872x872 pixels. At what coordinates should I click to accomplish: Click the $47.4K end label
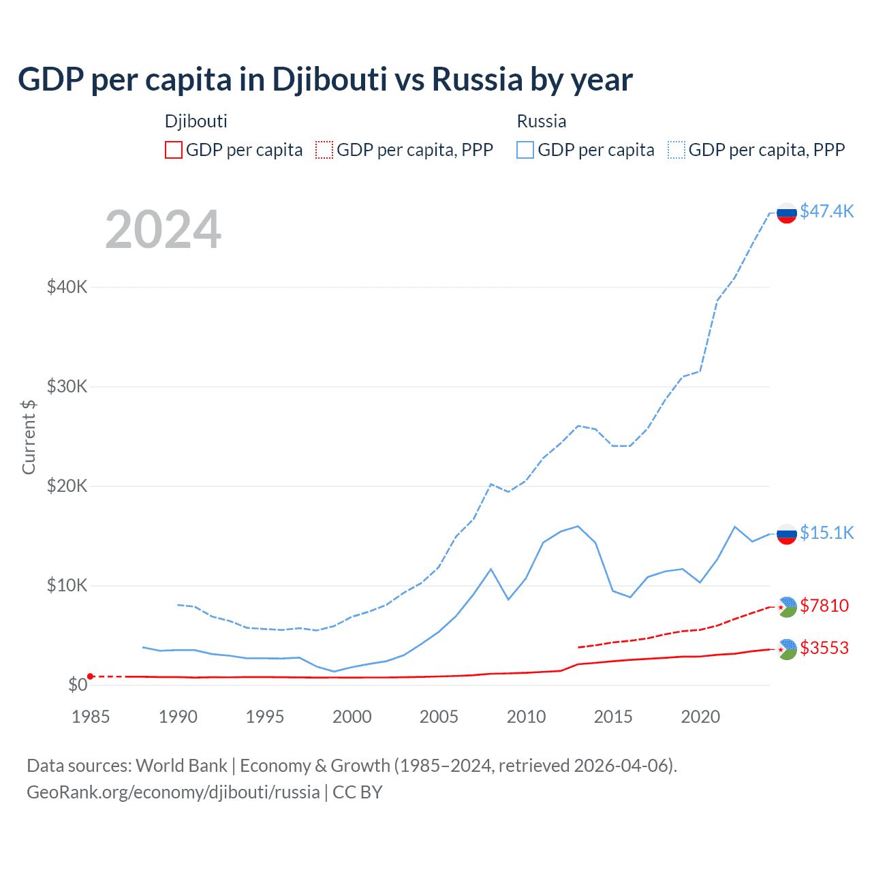point(826,211)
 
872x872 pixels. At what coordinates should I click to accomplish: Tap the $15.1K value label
point(826,533)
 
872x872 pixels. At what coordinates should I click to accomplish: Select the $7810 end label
point(824,606)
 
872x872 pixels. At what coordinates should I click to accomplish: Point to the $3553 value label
point(824,648)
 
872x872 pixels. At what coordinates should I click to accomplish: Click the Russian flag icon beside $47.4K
point(787,213)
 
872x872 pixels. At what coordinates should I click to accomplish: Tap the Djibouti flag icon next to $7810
point(787,606)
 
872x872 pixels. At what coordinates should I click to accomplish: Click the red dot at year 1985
point(91,676)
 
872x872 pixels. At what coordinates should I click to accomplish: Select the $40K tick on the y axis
point(67,287)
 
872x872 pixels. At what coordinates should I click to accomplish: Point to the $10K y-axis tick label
point(67,585)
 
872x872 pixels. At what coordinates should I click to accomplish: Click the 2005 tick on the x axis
point(439,717)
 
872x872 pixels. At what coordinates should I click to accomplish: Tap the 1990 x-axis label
point(178,717)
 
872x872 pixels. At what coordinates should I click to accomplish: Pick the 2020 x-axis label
point(700,717)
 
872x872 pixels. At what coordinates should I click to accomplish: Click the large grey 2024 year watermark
point(163,230)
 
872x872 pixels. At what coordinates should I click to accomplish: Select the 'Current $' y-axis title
point(29,437)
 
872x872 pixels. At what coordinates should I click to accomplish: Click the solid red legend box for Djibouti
point(174,150)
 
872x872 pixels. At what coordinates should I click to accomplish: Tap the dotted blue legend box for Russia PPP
point(676,150)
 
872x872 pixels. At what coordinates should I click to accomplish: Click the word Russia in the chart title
point(477,79)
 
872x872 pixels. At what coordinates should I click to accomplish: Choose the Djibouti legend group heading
point(196,121)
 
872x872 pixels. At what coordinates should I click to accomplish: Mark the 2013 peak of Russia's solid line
point(578,526)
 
